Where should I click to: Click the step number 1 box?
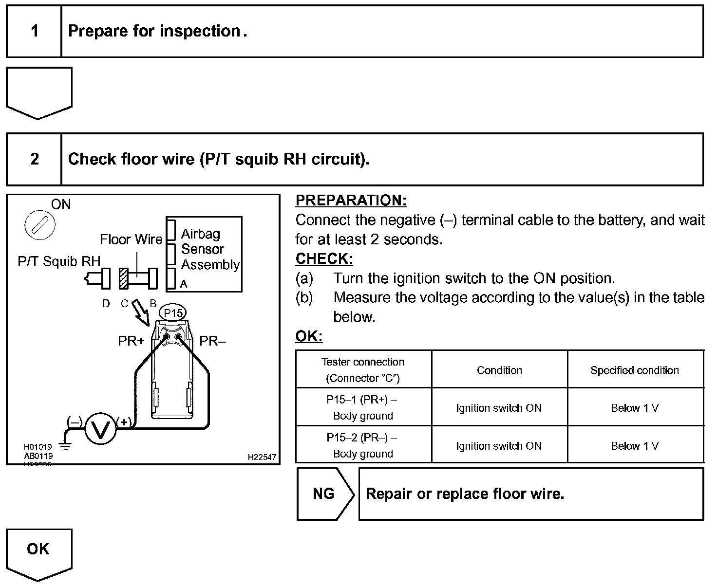tap(34, 32)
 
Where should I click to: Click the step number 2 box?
tap(34, 159)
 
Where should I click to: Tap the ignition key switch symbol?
tap(39, 225)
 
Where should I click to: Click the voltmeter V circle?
tap(100, 429)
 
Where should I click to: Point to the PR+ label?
tap(131, 341)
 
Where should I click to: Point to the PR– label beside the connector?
tap(213, 341)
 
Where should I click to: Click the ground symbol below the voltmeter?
tap(64, 444)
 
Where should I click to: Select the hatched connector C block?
tap(124, 279)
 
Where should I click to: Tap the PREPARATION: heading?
tap(351, 201)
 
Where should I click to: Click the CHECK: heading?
tap(324, 258)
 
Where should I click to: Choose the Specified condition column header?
tap(635, 370)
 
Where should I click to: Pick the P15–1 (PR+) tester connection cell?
tap(363, 408)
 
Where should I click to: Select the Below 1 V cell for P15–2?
tap(635, 446)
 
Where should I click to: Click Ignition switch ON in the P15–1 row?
tap(499, 408)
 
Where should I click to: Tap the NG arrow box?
tap(325, 494)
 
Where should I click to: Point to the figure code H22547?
tap(262, 457)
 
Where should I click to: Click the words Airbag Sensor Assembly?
tap(209, 249)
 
